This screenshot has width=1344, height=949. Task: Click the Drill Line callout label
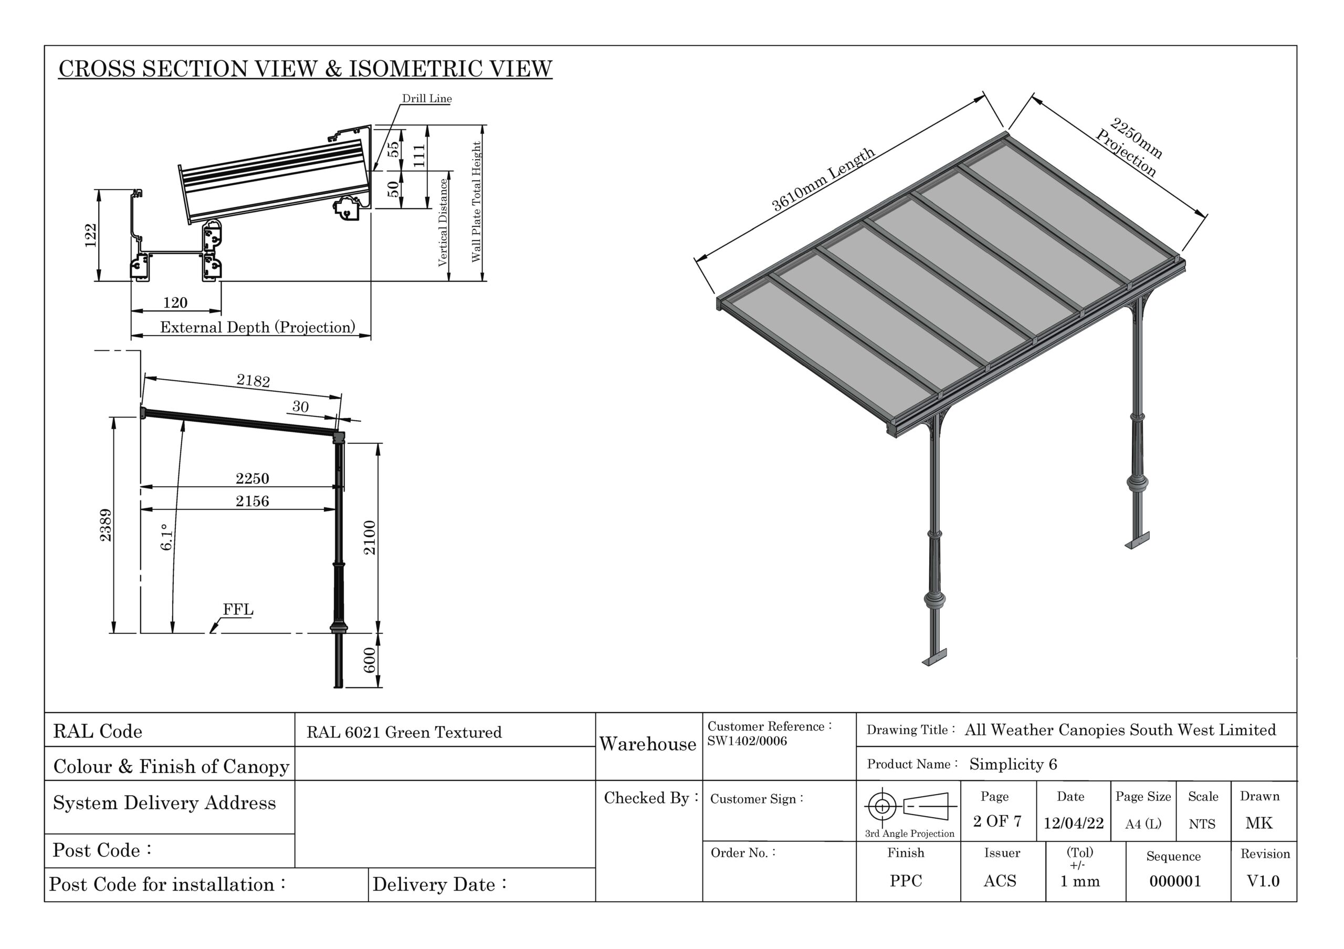point(426,98)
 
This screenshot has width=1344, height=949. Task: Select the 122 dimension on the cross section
point(91,235)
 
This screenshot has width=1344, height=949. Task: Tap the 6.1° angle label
point(167,537)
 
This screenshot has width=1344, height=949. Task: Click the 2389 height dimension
point(106,525)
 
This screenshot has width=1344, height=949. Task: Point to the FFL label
point(238,609)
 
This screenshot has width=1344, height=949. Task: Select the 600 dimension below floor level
point(370,660)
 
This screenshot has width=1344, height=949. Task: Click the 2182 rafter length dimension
point(253,381)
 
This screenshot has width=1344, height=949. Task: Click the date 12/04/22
point(1073,823)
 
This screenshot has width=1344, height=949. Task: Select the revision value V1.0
point(1263,881)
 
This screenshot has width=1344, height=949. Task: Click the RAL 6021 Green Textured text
point(404,733)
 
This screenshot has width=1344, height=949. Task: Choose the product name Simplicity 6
point(1013,764)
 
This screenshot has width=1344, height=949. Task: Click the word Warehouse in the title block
point(647,744)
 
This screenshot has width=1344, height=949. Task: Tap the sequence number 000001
point(1175,881)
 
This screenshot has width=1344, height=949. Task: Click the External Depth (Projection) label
point(258,327)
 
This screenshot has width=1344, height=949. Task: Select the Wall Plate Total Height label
point(477,202)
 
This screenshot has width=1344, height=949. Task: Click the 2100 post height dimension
point(370,537)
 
